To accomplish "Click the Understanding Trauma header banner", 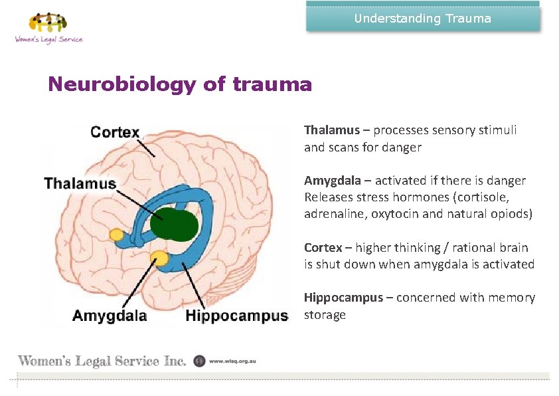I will pyautogui.click(x=423, y=19).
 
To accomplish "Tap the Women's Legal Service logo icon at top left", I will pyautogui.click(x=48, y=23).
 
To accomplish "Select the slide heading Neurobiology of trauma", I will pyautogui.click(x=179, y=85).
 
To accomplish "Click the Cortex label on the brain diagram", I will pyautogui.click(x=115, y=132).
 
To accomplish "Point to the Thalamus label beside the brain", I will pyautogui.click(x=80, y=183).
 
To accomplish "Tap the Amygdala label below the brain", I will pyautogui.click(x=110, y=316).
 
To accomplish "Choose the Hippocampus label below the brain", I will pyautogui.click(x=237, y=316).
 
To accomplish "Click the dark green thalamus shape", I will pyautogui.click(x=174, y=224).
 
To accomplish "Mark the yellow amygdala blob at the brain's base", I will pyautogui.click(x=160, y=258).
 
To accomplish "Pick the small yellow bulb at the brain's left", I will pyautogui.click(x=117, y=235).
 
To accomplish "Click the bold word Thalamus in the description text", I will pyautogui.click(x=331, y=130).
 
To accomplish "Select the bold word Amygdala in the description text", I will pyautogui.click(x=332, y=181).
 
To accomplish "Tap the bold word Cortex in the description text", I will pyautogui.click(x=323, y=248).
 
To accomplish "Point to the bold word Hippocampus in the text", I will pyautogui.click(x=343, y=298).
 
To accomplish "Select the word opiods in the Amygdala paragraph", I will pyautogui.click(x=513, y=215).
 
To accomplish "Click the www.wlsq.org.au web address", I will pyautogui.click(x=232, y=361).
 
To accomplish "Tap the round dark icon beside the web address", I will pyautogui.click(x=199, y=361).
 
